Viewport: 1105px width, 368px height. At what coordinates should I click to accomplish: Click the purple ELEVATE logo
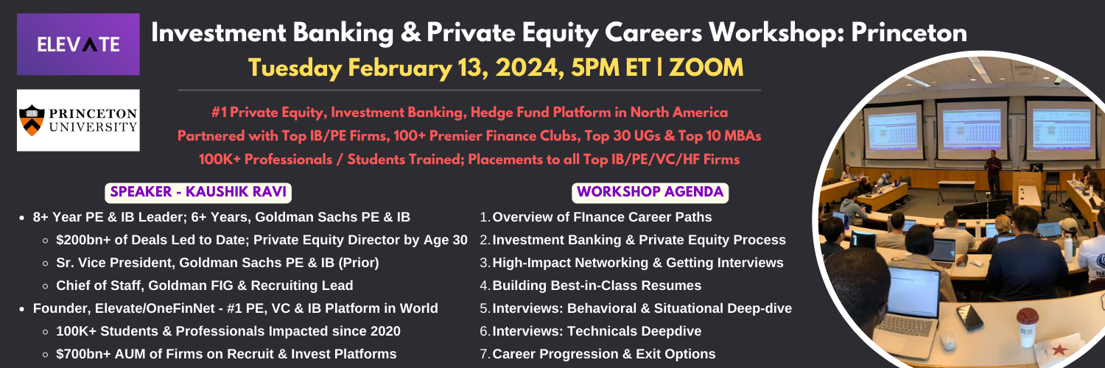tap(78, 44)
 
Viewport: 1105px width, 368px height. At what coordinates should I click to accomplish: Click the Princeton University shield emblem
tap(32, 120)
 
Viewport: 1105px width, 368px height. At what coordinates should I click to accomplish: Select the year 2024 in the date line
tap(530, 68)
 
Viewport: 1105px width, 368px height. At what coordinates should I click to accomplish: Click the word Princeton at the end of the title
tap(908, 32)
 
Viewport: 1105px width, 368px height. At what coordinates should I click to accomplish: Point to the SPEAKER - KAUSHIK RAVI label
tap(198, 192)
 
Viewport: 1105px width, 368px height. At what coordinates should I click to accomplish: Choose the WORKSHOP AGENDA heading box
tap(650, 192)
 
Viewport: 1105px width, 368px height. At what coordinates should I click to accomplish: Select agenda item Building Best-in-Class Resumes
tap(597, 286)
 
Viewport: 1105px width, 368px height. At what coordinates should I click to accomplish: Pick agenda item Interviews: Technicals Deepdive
tap(597, 331)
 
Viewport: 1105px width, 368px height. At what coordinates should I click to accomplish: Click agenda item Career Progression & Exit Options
tap(604, 354)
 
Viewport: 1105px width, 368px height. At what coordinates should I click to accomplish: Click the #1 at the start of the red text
tap(219, 113)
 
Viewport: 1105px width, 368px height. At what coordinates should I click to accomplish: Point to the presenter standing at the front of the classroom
tap(992, 171)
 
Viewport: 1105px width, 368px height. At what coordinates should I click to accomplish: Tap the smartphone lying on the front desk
tap(969, 317)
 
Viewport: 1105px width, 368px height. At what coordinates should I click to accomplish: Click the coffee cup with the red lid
tap(1027, 327)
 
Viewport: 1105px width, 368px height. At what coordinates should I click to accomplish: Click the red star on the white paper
tap(1059, 350)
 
